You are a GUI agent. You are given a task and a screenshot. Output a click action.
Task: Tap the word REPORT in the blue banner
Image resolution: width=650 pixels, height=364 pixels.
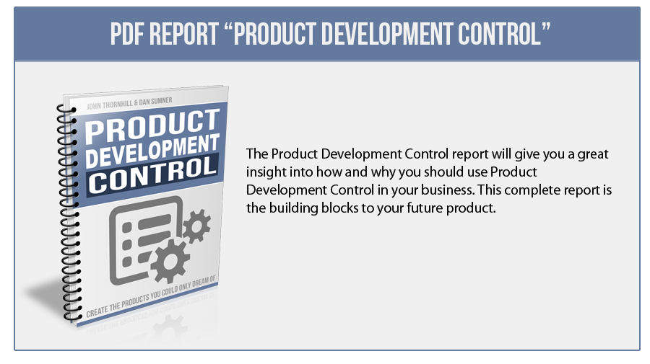tap(184, 34)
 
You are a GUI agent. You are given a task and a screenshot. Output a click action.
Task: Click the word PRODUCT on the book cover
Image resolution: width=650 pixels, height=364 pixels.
tap(152, 126)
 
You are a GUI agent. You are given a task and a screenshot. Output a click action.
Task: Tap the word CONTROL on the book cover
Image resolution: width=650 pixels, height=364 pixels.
tap(153, 174)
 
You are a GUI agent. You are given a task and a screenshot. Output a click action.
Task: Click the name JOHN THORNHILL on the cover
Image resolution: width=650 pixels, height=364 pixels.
tap(110, 105)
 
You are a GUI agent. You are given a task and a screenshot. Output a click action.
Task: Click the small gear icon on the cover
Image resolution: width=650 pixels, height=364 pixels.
tap(196, 226)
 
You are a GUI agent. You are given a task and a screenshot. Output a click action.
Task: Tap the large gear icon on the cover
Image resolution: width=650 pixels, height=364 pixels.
tap(169, 261)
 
